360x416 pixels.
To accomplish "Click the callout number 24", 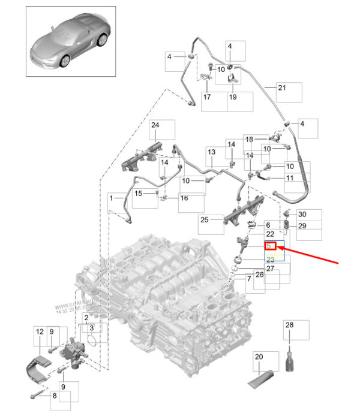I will point(154,125).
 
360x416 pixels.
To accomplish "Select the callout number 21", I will point(283,89).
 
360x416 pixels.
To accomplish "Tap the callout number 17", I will point(206,97).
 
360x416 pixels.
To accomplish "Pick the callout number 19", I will point(233,97).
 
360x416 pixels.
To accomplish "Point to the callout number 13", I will point(211,152).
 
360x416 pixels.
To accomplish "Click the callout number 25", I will point(203,220).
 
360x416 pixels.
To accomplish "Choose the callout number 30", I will point(302,214).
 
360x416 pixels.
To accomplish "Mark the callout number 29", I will point(302,226).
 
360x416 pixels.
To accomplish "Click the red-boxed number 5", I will point(270,246).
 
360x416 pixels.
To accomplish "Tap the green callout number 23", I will point(270,259).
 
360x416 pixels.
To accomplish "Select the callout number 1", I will point(111,197).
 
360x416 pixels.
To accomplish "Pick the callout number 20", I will point(259,358).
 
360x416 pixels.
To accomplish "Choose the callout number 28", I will point(289,325).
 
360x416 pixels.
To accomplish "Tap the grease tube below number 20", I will point(259,376).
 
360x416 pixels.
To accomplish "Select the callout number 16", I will point(184,198).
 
